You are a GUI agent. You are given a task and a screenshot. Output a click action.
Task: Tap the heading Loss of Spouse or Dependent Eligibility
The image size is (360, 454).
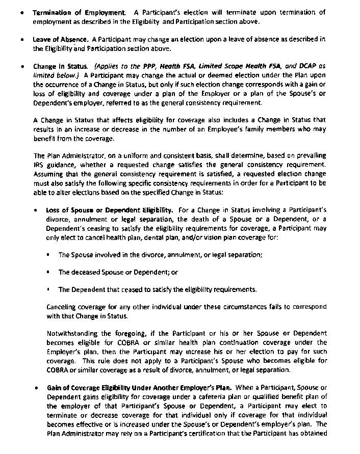point(109,210)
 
